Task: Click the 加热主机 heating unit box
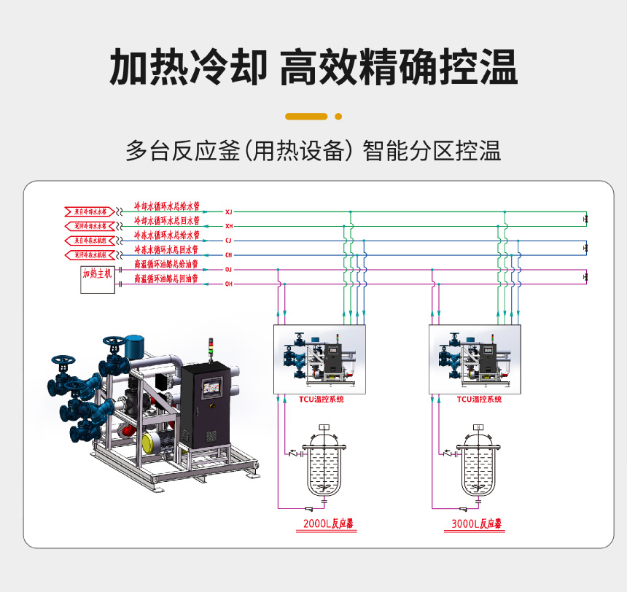point(97,279)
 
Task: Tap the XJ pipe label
point(228,211)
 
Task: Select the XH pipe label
point(228,226)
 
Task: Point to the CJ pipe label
point(228,240)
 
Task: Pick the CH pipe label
point(228,254)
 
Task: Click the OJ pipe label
point(228,269)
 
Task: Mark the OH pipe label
point(228,284)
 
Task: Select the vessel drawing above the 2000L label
point(324,467)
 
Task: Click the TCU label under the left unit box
point(321,400)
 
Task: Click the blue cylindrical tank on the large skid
point(135,346)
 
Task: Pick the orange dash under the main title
point(306,116)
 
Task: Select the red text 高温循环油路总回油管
point(166,279)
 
